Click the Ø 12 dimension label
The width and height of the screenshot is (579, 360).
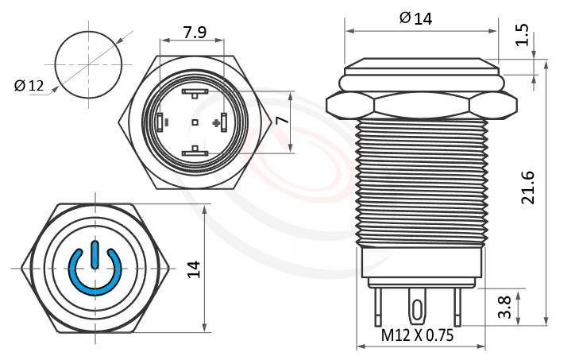29,86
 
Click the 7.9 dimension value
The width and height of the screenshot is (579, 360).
195,33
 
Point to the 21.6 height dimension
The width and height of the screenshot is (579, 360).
529,187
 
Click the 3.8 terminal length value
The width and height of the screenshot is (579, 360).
504,306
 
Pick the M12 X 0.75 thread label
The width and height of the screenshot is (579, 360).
417,335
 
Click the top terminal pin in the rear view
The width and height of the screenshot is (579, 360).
195,93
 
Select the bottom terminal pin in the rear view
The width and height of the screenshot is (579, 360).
195,151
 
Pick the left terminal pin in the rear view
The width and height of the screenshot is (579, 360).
161,122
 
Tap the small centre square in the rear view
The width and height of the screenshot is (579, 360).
195,122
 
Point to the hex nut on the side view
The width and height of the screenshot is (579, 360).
421,104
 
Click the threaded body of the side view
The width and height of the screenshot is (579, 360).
421,183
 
